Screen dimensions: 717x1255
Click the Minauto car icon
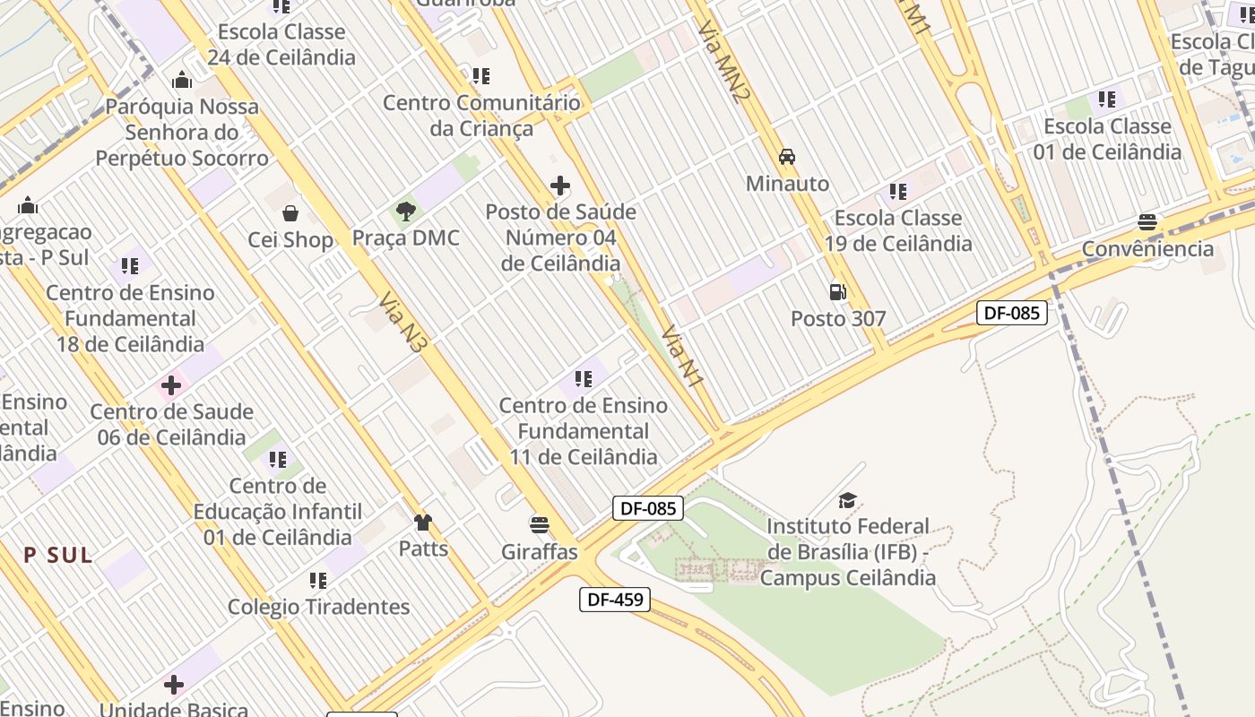click(787, 157)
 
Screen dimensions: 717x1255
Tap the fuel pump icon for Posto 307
click(837, 291)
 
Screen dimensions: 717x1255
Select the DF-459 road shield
click(615, 599)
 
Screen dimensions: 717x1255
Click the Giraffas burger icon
click(539, 524)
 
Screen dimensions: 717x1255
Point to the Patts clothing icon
click(423, 522)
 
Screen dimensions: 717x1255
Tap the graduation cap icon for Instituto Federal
click(847, 500)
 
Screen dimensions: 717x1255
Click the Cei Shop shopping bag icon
click(290, 213)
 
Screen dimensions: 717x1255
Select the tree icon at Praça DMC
click(405, 212)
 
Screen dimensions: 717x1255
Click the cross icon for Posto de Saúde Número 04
click(560, 186)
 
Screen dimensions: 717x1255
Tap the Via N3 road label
click(401, 320)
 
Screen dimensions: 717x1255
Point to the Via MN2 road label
click(722, 62)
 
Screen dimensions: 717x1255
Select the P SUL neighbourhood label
click(58, 555)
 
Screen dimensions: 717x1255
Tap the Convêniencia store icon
click(1147, 222)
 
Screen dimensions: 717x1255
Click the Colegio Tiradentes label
click(318, 607)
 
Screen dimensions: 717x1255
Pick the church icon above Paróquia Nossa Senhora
click(182, 80)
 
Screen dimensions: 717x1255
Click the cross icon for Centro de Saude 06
click(170, 386)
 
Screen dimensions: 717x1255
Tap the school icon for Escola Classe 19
click(897, 191)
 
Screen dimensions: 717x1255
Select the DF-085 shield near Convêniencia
click(1011, 313)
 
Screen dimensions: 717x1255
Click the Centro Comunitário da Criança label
click(481, 116)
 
